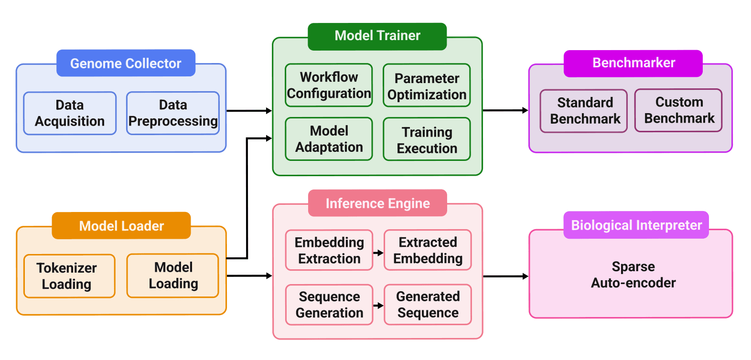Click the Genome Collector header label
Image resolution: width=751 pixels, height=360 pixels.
pyautogui.click(x=126, y=63)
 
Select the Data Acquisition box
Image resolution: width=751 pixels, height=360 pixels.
pyautogui.click(x=70, y=113)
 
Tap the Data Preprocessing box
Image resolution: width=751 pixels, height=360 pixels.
pyautogui.click(x=173, y=113)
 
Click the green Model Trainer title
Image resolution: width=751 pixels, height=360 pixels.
pyautogui.click(x=377, y=36)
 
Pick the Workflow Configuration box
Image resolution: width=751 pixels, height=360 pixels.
pyautogui.click(x=329, y=85)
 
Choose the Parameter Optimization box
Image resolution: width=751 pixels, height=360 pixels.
pyautogui.click(x=427, y=86)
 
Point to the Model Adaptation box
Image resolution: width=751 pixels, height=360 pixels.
pyautogui.click(x=329, y=139)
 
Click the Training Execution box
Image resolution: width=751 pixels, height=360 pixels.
pyautogui.click(x=427, y=139)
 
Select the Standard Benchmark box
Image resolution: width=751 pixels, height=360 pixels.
pyautogui.click(x=584, y=111)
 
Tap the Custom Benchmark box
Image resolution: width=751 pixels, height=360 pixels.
pyautogui.click(x=678, y=110)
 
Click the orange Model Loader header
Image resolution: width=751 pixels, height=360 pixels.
pyautogui.click(x=121, y=226)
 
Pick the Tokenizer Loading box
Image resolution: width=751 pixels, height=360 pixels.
pyautogui.click(x=69, y=276)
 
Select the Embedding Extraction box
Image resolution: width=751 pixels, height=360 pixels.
pyautogui.click(x=329, y=250)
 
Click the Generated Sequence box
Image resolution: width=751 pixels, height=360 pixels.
pyautogui.click(x=428, y=305)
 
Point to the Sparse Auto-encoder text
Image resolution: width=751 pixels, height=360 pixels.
pyautogui.click(x=633, y=275)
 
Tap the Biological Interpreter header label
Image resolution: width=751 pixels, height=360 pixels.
pyautogui.click(x=636, y=225)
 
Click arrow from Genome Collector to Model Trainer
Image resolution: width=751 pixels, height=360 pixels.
pyautogui.click(x=248, y=111)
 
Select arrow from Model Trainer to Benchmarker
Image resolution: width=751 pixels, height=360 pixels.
pyautogui.click(x=505, y=110)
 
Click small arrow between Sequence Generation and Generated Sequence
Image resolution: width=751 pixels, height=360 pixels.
pyautogui.click(x=378, y=306)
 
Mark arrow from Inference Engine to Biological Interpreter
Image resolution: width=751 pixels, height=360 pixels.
pyautogui.click(x=505, y=276)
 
